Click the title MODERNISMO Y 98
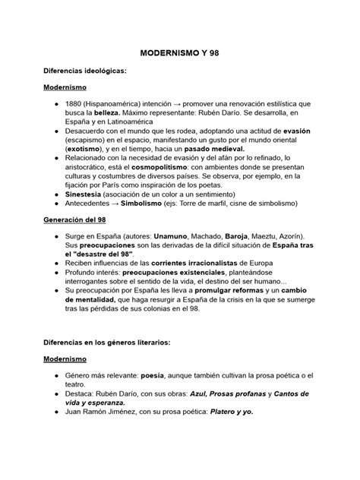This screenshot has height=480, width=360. coord(179,55)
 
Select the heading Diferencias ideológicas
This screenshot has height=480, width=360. coord(84,71)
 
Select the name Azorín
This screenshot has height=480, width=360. coord(294,237)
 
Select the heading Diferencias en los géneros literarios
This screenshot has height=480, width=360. coord(106,342)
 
